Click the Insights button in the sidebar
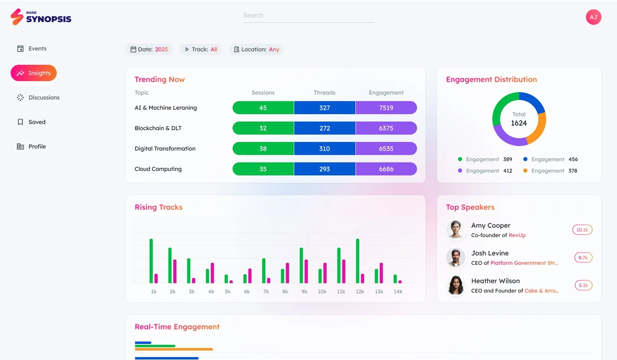pyautogui.click(x=34, y=73)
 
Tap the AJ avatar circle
pyautogui.click(x=593, y=17)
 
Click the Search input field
pyautogui.click(x=308, y=16)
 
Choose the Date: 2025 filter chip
pyautogui.click(x=149, y=49)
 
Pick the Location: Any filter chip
pyautogui.click(x=256, y=49)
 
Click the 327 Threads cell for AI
pyautogui.click(x=324, y=108)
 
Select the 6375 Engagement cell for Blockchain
pyautogui.click(x=386, y=128)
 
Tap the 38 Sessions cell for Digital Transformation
pyautogui.click(x=263, y=149)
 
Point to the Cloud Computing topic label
pyautogui.click(x=158, y=169)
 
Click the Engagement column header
pyautogui.click(x=386, y=92)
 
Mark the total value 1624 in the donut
pyautogui.click(x=519, y=123)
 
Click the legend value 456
pyautogui.click(x=573, y=159)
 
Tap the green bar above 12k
pyautogui.click(x=358, y=261)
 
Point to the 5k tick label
pyautogui.click(x=228, y=292)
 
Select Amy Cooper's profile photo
pyautogui.click(x=455, y=230)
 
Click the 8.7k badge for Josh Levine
pyautogui.click(x=583, y=258)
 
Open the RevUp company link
pyautogui.click(x=517, y=235)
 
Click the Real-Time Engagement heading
pyautogui.click(x=177, y=327)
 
